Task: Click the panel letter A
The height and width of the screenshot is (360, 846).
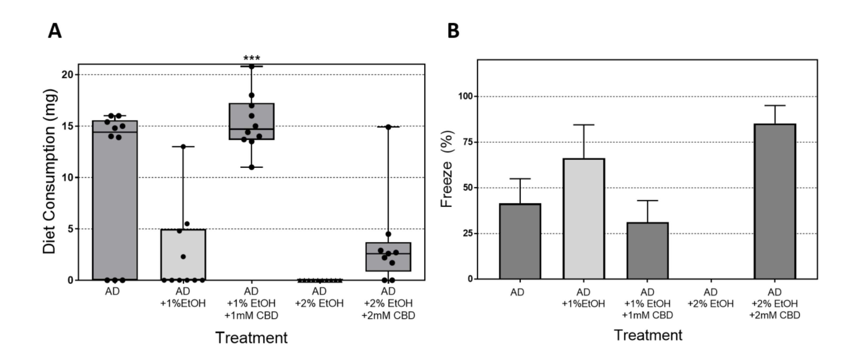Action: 54,32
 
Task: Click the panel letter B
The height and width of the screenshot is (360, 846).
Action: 453,32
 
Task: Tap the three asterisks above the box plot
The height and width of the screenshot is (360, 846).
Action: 251,58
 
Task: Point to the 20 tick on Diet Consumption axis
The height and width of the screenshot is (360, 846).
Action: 68,74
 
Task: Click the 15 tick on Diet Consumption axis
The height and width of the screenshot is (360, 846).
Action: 68,126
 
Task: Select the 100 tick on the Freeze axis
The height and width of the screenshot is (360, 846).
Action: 465,96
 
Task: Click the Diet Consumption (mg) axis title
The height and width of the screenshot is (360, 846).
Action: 50,172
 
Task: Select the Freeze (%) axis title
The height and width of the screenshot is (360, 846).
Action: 447,169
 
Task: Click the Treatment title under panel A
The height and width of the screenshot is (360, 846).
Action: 251,338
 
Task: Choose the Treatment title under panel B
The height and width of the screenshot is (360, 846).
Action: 648,335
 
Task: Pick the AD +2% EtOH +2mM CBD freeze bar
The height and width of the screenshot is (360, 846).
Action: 775,202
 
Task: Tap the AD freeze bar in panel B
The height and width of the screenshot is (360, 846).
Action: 520,241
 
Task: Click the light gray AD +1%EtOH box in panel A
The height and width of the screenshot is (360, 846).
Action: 183,254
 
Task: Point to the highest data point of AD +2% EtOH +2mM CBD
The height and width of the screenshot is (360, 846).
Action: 388,127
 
